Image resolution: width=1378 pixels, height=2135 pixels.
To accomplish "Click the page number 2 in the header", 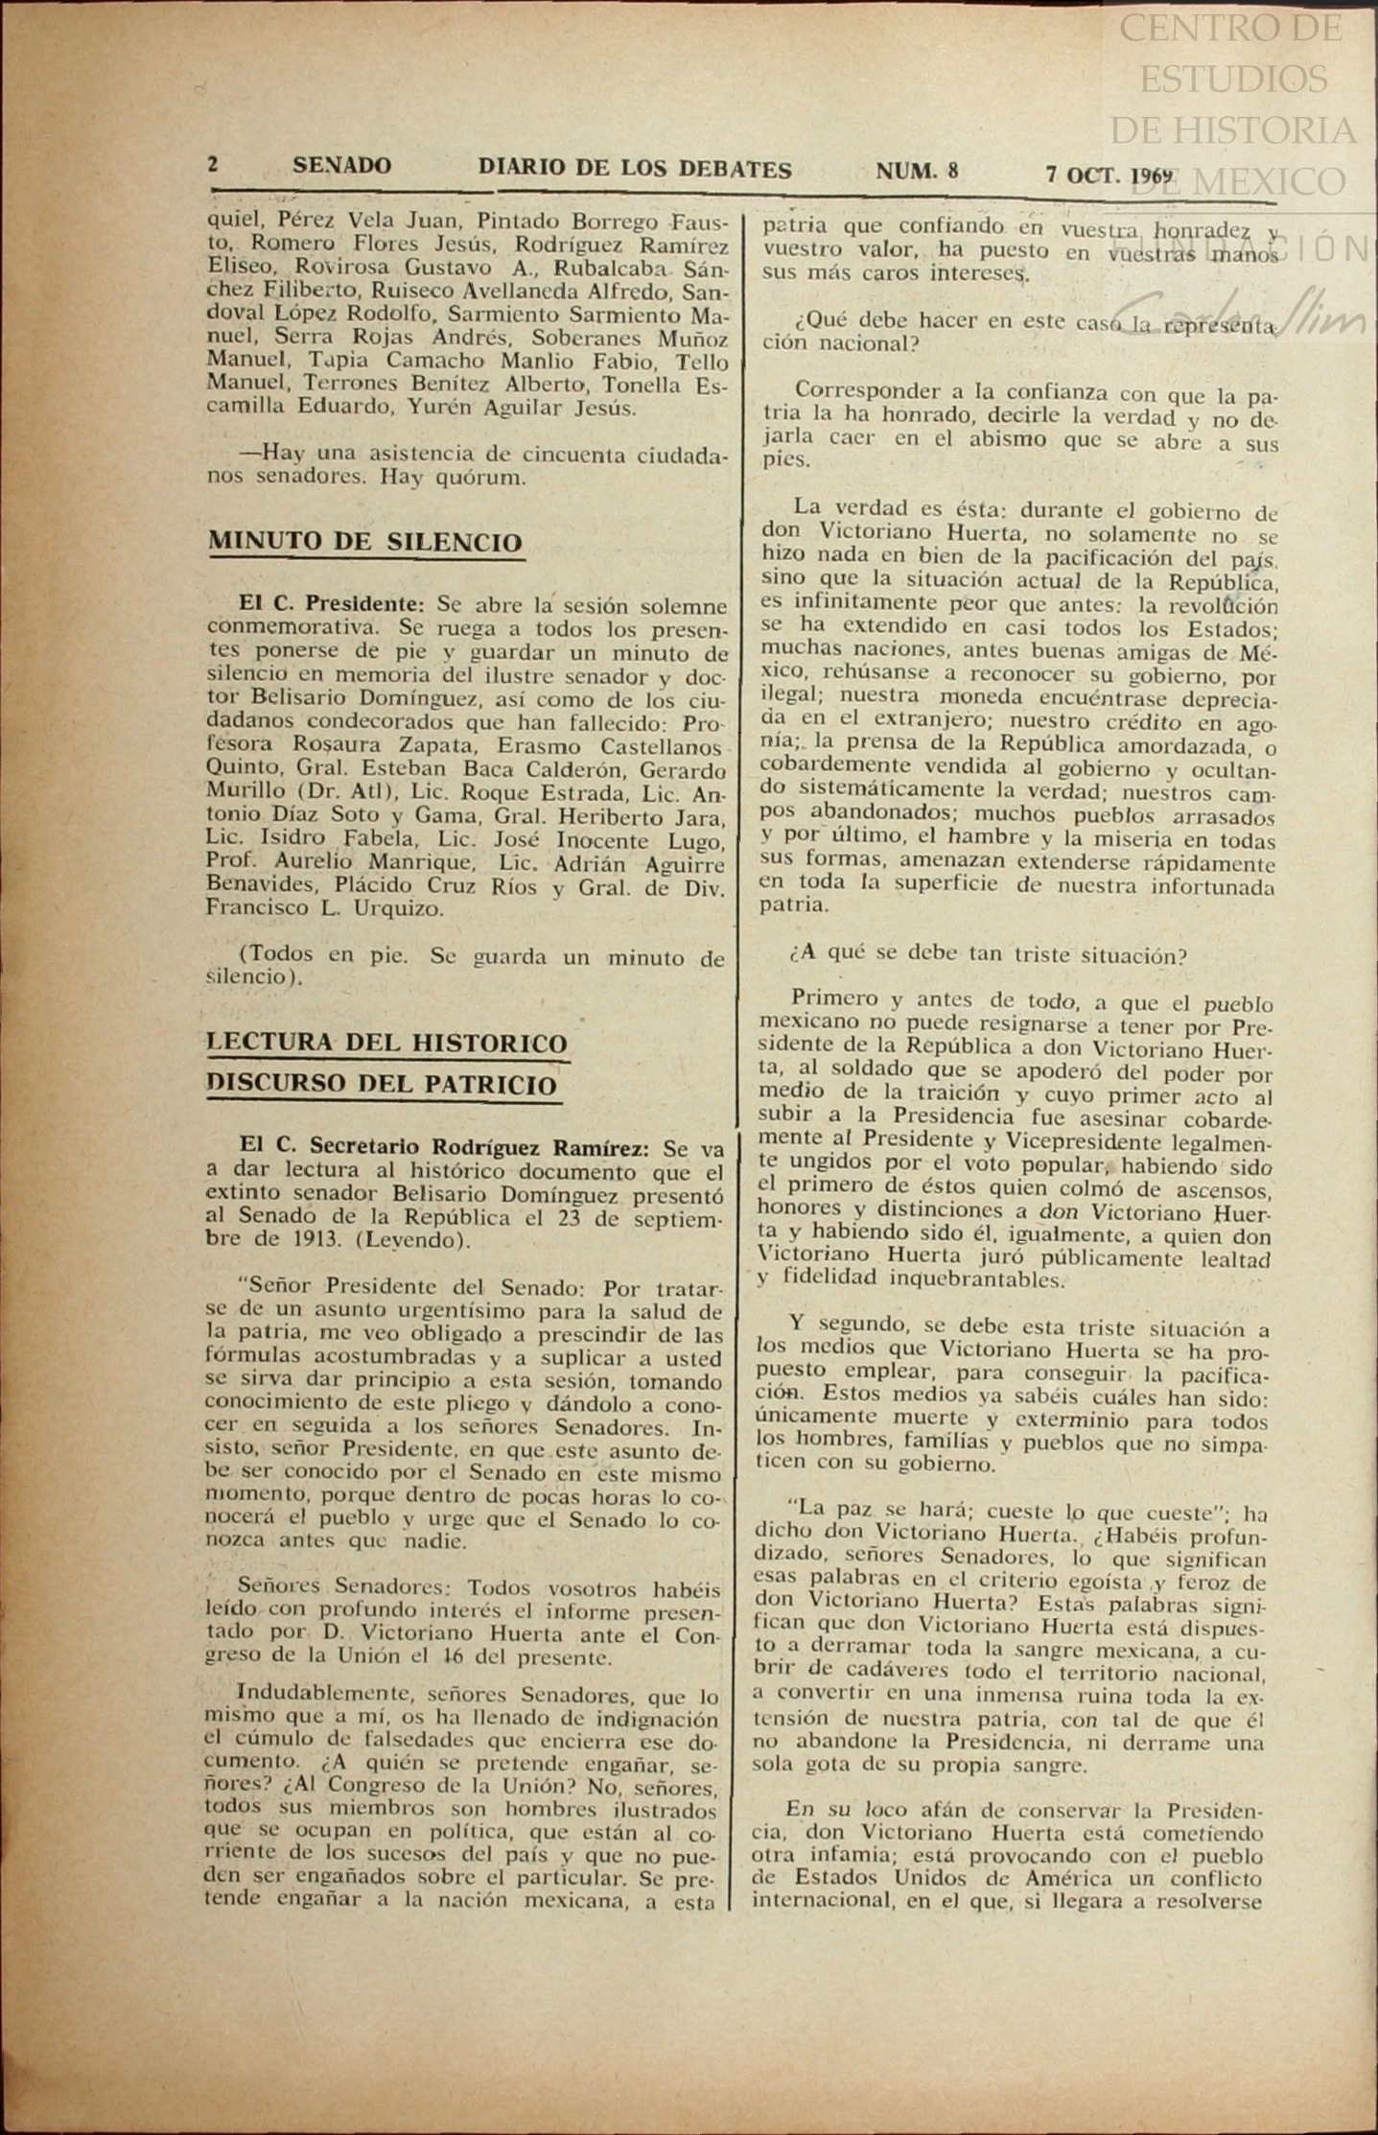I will (213, 164).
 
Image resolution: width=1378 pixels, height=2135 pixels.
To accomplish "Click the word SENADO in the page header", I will (341, 166).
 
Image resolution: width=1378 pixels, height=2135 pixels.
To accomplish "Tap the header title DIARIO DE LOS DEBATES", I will (635, 170).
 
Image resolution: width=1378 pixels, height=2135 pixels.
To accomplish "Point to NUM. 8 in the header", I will (916, 172).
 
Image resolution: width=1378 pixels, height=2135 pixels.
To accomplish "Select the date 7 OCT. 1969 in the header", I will (1109, 176).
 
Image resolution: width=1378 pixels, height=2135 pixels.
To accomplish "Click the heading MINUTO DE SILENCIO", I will (365, 542).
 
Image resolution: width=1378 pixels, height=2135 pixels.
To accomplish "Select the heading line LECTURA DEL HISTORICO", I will (386, 1043).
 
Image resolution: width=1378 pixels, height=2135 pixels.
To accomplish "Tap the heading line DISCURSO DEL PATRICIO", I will (382, 1085).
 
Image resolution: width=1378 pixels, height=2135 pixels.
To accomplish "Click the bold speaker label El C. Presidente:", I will (331, 604).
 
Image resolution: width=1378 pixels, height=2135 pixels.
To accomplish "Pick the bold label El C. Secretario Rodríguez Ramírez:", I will (444, 1147).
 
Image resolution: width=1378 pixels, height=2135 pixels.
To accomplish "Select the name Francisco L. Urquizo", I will (324, 908).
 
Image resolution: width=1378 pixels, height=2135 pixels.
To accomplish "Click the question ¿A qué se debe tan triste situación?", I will (988, 956).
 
